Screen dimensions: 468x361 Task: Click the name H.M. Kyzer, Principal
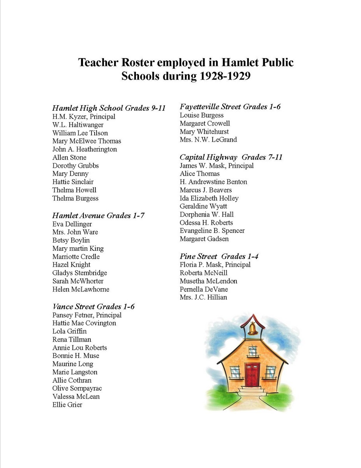(x=84, y=117)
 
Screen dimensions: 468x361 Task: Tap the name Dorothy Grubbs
(x=76, y=166)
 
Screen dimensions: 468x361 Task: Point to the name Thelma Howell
(x=74, y=190)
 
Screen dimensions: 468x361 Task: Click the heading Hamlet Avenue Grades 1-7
(x=99, y=215)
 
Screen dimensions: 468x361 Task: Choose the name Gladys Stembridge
(x=79, y=273)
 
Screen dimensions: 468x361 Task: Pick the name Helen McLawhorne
(x=81, y=289)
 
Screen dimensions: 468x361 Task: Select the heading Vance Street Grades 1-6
(x=93, y=307)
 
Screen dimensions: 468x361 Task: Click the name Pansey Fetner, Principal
(x=87, y=315)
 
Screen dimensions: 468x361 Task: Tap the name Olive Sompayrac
(x=77, y=388)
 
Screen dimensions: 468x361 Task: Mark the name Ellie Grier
(x=67, y=405)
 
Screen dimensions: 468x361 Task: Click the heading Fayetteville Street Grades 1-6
(x=230, y=106)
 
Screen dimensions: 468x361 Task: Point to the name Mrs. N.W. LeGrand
(x=208, y=140)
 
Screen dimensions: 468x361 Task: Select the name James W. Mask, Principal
(x=217, y=166)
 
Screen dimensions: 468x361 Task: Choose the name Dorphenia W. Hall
(x=207, y=214)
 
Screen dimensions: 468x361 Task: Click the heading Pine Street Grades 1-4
(x=219, y=256)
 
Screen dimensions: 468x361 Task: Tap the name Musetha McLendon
(x=208, y=281)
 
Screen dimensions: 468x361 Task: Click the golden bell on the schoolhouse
(x=253, y=329)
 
